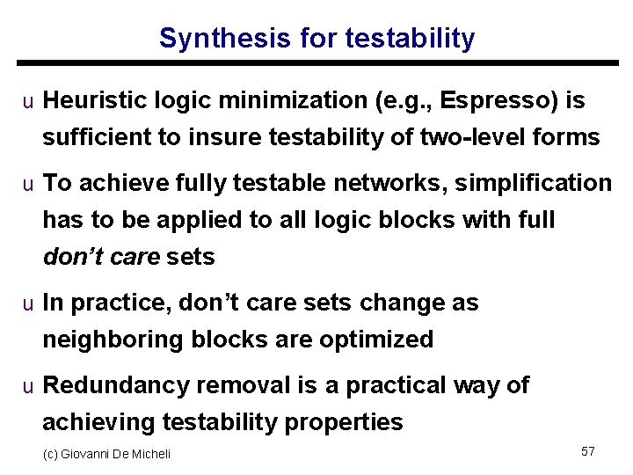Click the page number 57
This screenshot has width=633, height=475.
click(588, 451)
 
